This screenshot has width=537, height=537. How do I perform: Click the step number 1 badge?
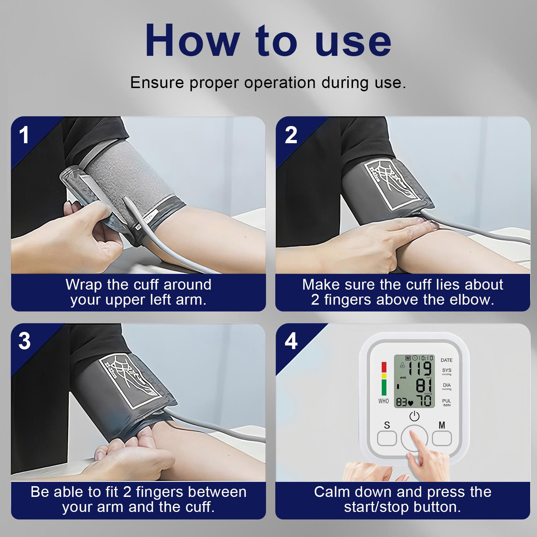pos(24,135)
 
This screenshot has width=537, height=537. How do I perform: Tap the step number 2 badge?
pos(291,135)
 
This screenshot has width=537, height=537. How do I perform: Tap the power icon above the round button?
pos(414,416)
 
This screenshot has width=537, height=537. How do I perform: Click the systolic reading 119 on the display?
pos(420,368)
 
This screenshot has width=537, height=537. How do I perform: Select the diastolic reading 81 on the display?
pos(424,385)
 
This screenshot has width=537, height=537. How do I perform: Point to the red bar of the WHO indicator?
pos(384,367)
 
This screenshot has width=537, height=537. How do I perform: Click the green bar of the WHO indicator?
pos(384,387)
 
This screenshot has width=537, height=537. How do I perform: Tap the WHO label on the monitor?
pos(383,401)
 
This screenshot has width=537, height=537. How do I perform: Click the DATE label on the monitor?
pos(446,360)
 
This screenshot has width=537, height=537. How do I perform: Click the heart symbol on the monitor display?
pos(411,403)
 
